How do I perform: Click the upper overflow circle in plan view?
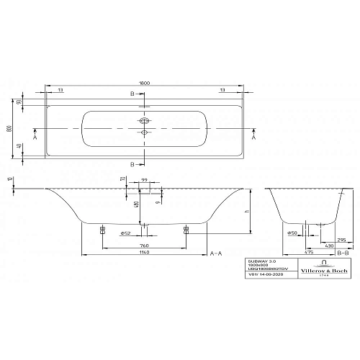click(x=144, y=122)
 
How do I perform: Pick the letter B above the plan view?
click(x=133, y=94)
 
